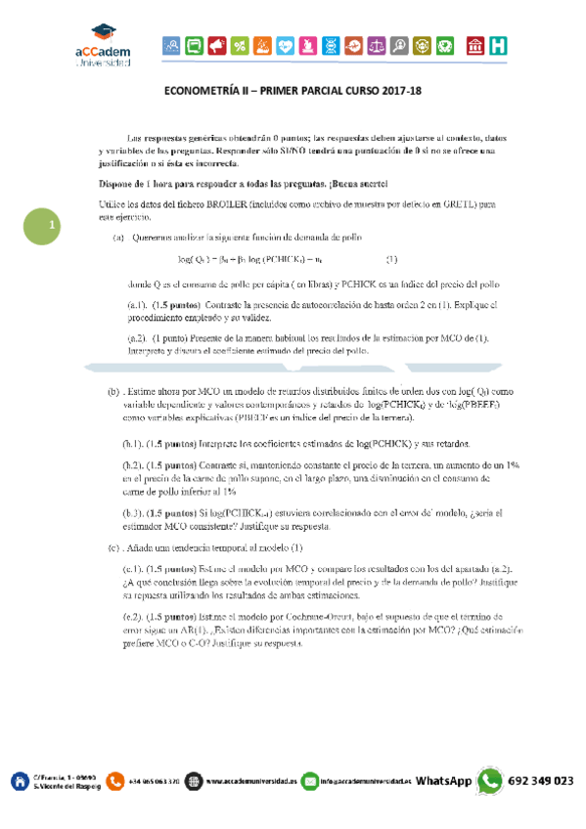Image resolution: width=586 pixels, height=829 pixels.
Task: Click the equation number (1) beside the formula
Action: click(391, 259)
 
